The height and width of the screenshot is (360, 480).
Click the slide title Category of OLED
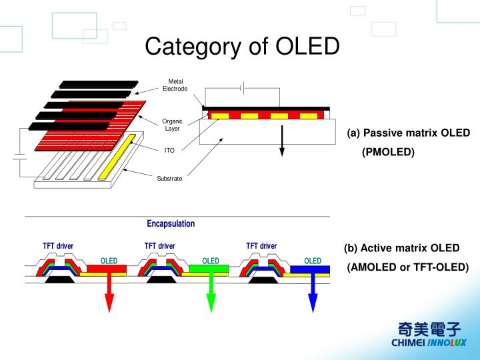pos(242,46)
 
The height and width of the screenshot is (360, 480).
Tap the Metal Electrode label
pos(175,85)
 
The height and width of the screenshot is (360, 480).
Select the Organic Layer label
pos(172,125)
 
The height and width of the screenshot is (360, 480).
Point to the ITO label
pos(169,151)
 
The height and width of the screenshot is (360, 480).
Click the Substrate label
pos(169,179)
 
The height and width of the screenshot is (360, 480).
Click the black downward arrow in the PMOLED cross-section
pos(282,141)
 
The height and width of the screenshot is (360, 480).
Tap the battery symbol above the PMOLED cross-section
pos(245,87)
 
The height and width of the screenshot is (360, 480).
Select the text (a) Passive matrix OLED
pos(408,133)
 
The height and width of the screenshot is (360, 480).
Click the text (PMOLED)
pos(388,153)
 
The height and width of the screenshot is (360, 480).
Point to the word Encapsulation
pos(171,224)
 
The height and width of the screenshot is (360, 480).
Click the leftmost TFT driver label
pos(58,246)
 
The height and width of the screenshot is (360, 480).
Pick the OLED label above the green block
pos(211,261)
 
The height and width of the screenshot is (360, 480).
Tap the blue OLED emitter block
pos(311,269)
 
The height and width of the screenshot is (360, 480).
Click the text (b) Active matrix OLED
pos(401,248)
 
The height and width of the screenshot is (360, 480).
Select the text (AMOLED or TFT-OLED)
pos(408,267)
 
